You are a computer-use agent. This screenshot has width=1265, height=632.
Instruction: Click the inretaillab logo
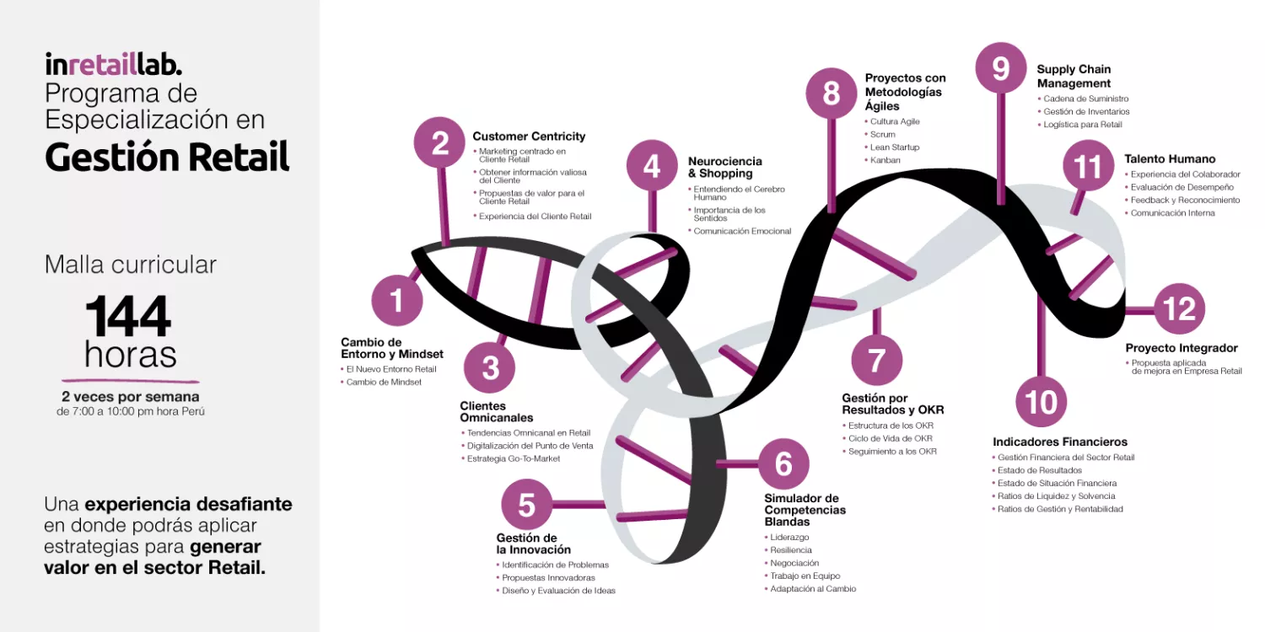[x=114, y=64]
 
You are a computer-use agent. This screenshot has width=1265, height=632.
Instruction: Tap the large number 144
[x=128, y=316]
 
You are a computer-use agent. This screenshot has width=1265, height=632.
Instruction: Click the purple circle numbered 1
[x=397, y=300]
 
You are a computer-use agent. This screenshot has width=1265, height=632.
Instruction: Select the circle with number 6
[x=783, y=463]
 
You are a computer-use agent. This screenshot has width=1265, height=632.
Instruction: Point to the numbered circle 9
[x=1001, y=67]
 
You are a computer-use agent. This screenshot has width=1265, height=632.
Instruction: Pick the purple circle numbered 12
[x=1179, y=308]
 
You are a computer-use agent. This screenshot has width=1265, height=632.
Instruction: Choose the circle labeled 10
[x=1041, y=402]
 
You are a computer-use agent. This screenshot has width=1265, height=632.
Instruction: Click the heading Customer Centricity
[x=529, y=136]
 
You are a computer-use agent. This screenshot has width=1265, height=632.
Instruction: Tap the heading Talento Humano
[x=1170, y=158]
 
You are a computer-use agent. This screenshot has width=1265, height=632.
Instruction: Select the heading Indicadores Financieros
[x=1060, y=442]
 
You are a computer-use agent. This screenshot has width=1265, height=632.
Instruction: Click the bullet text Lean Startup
[x=895, y=147]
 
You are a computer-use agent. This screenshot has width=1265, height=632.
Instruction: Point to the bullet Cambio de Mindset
[x=384, y=382]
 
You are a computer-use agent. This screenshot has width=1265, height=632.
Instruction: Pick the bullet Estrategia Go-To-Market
[x=514, y=458]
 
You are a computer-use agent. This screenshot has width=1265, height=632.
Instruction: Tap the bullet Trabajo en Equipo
[x=805, y=576]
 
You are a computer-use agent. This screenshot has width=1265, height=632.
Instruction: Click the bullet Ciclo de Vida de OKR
[x=890, y=438]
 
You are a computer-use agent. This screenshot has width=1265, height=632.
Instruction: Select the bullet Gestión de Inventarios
[x=1086, y=112]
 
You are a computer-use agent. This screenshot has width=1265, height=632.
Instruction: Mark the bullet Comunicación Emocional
[x=743, y=231]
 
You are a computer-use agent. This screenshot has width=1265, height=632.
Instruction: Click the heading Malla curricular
[x=131, y=265]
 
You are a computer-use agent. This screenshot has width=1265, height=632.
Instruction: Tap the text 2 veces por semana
[x=131, y=397]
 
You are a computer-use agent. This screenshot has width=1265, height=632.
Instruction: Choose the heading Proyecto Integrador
[x=1182, y=347]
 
